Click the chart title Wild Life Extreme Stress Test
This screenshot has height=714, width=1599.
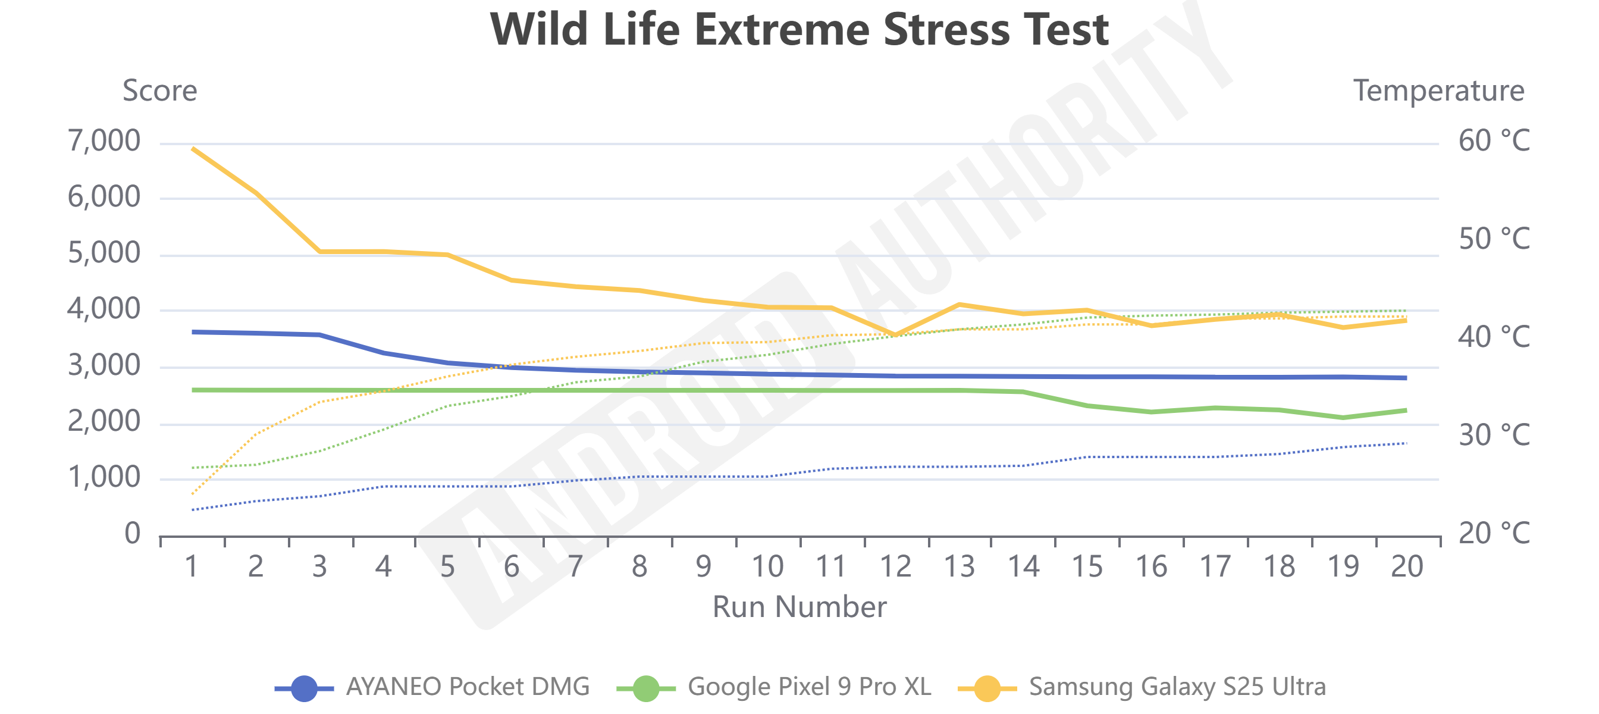[799, 29]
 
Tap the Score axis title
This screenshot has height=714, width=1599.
[159, 90]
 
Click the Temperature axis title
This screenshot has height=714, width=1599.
[1438, 90]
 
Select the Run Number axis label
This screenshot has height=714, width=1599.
[799, 606]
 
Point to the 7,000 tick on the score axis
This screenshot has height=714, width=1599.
[104, 141]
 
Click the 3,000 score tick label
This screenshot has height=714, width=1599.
[104, 366]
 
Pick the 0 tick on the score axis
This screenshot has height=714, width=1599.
[132, 533]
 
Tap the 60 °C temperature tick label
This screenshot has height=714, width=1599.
[1494, 141]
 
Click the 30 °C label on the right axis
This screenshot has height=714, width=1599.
[1494, 435]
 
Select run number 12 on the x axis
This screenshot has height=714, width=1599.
[895, 566]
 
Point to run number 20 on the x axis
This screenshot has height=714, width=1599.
[1407, 566]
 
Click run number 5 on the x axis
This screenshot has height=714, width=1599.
[447, 566]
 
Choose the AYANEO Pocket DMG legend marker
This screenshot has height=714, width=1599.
[304, 688]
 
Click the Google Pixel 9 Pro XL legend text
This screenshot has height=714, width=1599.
[810, 687]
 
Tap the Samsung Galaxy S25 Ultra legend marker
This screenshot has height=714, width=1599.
[987, 688]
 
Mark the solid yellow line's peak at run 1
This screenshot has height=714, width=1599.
[194, 149]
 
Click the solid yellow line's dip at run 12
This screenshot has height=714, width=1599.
[895, 334]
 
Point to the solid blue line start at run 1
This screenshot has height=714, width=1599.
[194, 332]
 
